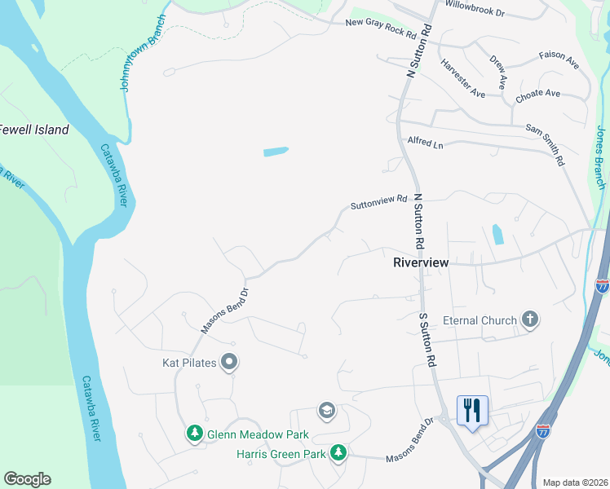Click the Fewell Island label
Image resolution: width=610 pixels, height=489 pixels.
(x=35, y=130)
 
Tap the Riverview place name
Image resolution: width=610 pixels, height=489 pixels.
(x=421, y=262)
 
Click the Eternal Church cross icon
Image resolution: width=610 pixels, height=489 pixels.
(x=530, y=319)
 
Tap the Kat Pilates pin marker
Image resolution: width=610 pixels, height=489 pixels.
(x=230, y=362)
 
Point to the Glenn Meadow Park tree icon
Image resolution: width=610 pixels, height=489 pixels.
(x=195, y=434)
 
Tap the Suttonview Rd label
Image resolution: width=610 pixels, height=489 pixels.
(x=378, y=201)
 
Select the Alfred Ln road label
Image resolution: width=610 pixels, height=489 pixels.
(x=425, y=143)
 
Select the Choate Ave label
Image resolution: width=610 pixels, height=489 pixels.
(x=537, y=95)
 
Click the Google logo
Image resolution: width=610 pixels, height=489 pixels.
(x=27, y=479)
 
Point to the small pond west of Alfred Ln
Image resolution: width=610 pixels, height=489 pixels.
(x=276, y=152)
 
